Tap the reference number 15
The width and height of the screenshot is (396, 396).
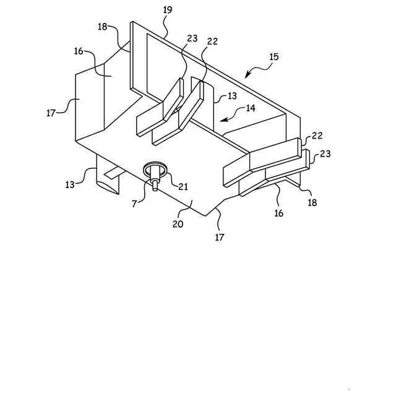point(273,57)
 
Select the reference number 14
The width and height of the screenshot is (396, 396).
point(251,107)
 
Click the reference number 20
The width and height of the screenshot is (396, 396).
point(178,224)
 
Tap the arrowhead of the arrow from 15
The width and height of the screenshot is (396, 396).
point(247,76)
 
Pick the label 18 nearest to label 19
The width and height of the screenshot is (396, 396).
point(103,27)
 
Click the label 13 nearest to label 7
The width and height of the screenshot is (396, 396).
point(71,185)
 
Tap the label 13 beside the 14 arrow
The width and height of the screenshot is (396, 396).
point(232,96)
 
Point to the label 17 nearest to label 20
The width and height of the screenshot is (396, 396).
point(220,236)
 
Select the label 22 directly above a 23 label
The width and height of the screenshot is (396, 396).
point(317,136)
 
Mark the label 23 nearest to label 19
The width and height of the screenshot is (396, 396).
point(192,38)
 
